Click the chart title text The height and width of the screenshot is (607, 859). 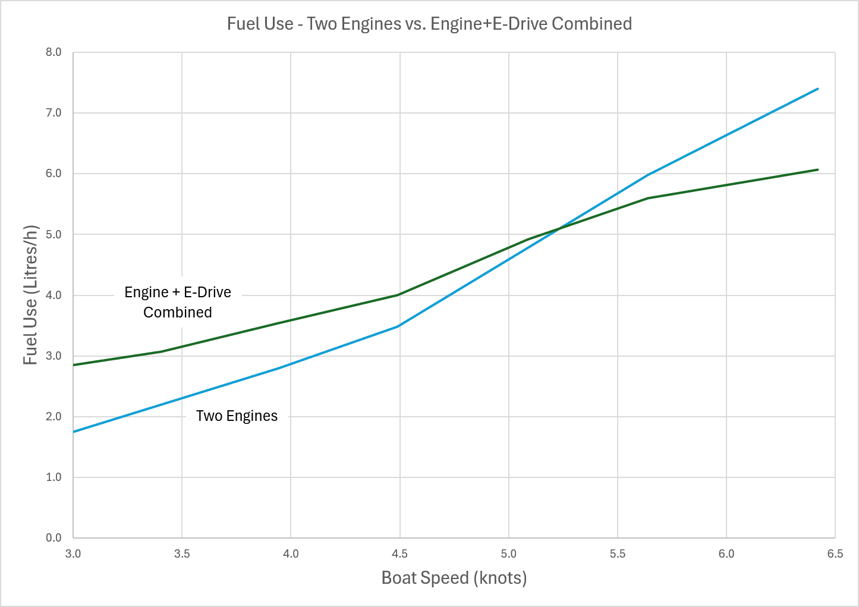tap(429, 24)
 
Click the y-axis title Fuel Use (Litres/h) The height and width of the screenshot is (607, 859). tap(31, 295)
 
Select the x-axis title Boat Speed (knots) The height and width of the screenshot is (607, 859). tap(454, 578)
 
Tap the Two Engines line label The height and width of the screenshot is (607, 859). tap(237, 416)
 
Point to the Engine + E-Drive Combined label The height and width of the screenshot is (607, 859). tap(178, 302)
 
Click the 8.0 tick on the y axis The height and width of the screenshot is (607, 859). tap(54, 52)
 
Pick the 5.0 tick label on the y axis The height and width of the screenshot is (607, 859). tap(54, 234)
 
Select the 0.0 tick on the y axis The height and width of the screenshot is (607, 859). tap(54, 538)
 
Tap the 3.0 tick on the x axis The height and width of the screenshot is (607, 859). tap(73, 554)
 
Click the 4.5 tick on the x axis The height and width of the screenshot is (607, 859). tap(399, 554)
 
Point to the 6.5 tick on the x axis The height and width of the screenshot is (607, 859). tap(835, 554)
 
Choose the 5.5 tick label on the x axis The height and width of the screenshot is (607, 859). tap(617, 554)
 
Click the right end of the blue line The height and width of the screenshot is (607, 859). tap(818, 89)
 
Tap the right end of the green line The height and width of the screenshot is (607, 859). tap(818, 169)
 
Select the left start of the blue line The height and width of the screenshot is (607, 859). tap(74, 432)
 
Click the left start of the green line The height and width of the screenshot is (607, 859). tap(74, 364)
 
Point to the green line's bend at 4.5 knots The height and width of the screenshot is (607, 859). tap(398, 295)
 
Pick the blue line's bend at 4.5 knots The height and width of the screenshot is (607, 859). tap(398, 326)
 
